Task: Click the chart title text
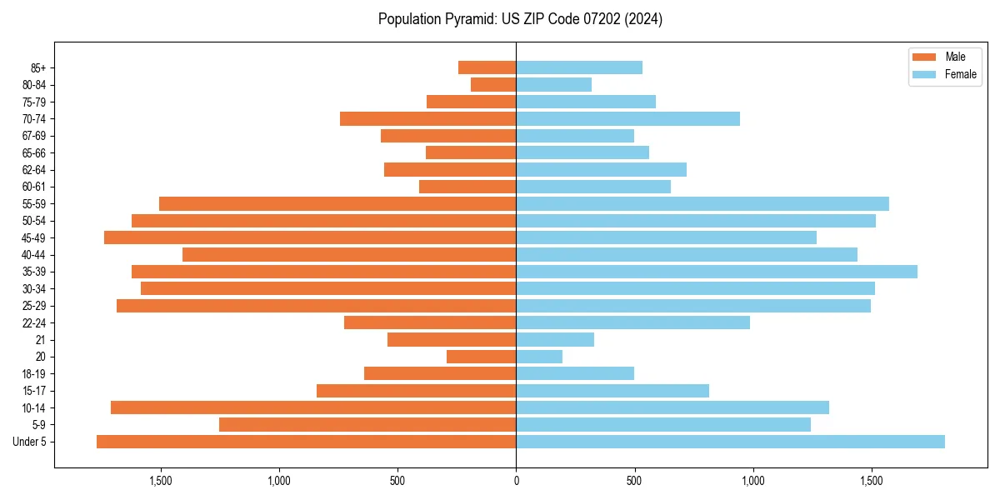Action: [x=520, y=19]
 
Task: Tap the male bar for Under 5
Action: [x=306, y=442]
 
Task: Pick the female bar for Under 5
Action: [x=730, y=442]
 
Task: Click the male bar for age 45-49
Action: [x=310, y=237]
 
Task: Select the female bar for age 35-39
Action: [x=717, y=272]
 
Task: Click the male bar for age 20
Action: [x=482, y=357]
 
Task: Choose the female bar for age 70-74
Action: [x=628, y=118]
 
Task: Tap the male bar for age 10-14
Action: [x=313, y=407]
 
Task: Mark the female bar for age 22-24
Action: [x=633, y=322]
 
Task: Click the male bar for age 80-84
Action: [x=493, y=84]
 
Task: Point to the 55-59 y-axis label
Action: [x=34, y=204]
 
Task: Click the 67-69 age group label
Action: [x=34, y=136]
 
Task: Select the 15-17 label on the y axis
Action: [x=34, y=391]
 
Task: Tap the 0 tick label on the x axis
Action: [x=516, y=481]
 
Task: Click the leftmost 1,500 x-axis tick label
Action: [x=160, y=481]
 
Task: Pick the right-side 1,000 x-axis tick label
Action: [x=752, y=481]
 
